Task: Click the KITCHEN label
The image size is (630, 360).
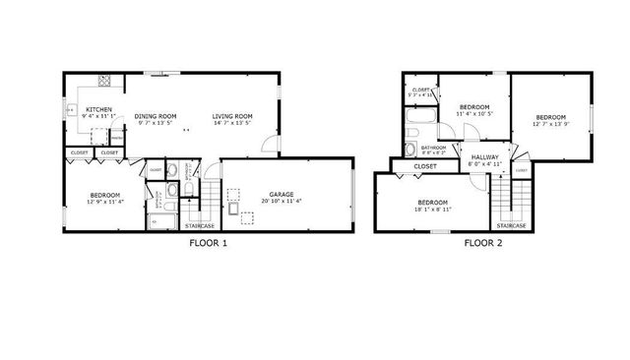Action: click(x=98, y=109)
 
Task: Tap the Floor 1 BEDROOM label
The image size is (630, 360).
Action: click(x=104, y=195)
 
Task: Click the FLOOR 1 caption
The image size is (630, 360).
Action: click(x=208, y=243)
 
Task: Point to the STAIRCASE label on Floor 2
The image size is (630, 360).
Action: click(x=510, y=225)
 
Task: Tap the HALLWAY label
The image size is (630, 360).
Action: click(x=483, y=157)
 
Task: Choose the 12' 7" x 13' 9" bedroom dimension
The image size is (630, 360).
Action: click(x=550, y=124)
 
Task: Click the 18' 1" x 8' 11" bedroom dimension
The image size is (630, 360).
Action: click(x=434, y=210)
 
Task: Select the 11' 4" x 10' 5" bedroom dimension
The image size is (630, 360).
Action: click(x=476, y=113)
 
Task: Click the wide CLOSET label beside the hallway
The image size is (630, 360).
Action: click(x=425, y=166)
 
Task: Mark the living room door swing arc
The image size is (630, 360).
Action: click(x=270, y=146)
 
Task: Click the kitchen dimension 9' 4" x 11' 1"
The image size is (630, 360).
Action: click(x=98, y=117)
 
